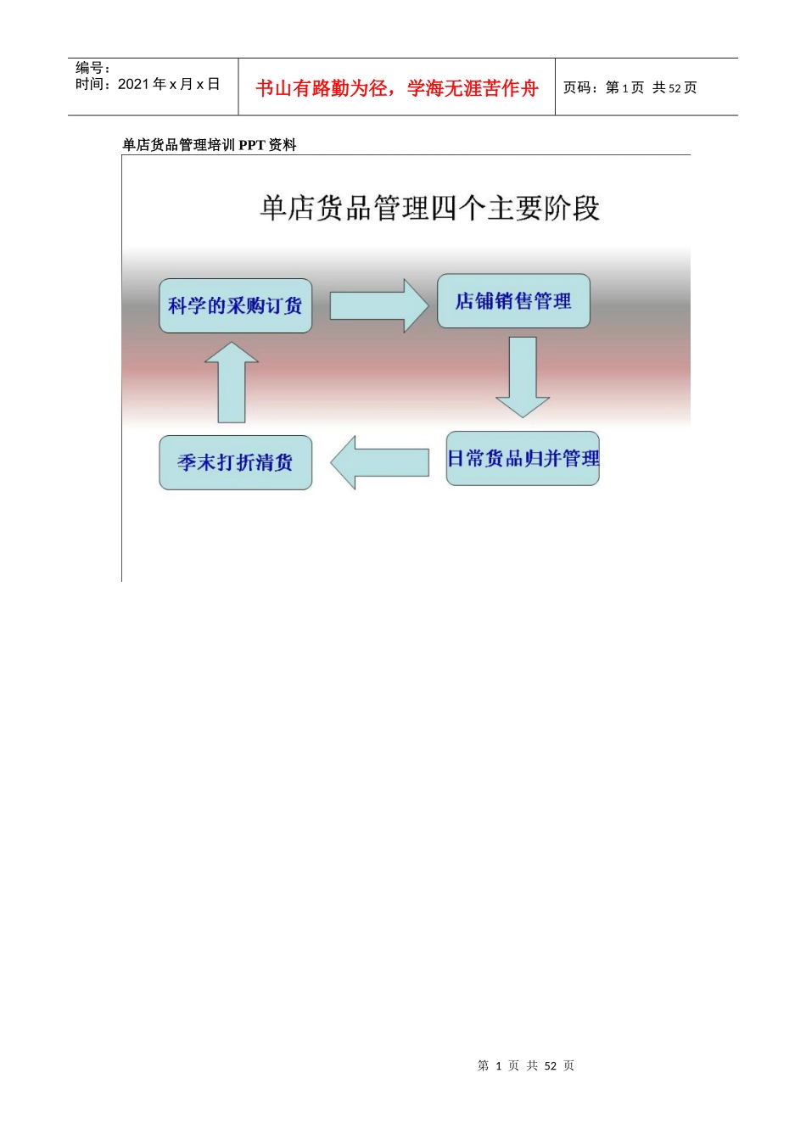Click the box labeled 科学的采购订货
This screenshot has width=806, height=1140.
tap(235, 305)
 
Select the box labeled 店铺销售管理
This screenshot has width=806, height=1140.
tap(513, 301)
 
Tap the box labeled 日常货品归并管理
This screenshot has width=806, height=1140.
tap(523, 459)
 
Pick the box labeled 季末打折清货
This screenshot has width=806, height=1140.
tap(235, 462)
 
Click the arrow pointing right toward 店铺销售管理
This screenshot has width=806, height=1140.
tap(378, 305)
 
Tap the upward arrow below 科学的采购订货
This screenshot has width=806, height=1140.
tap(232, 383)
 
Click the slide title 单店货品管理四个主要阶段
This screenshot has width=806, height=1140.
tap(429, 208)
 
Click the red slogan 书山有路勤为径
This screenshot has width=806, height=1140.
tap(322, 88)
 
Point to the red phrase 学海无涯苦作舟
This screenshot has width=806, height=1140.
tap(473, 88)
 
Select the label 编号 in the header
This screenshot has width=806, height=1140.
tap(90, 68)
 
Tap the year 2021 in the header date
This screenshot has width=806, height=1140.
tap(133, 84)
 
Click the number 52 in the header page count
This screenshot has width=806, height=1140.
tap(675, 88)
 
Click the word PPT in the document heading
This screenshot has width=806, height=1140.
tap(252, 145)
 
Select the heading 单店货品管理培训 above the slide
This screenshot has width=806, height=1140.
tap(179, 145)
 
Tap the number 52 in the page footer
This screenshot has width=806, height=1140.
tap(551, 1066)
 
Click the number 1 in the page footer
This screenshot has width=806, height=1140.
tap(499, 1066)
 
